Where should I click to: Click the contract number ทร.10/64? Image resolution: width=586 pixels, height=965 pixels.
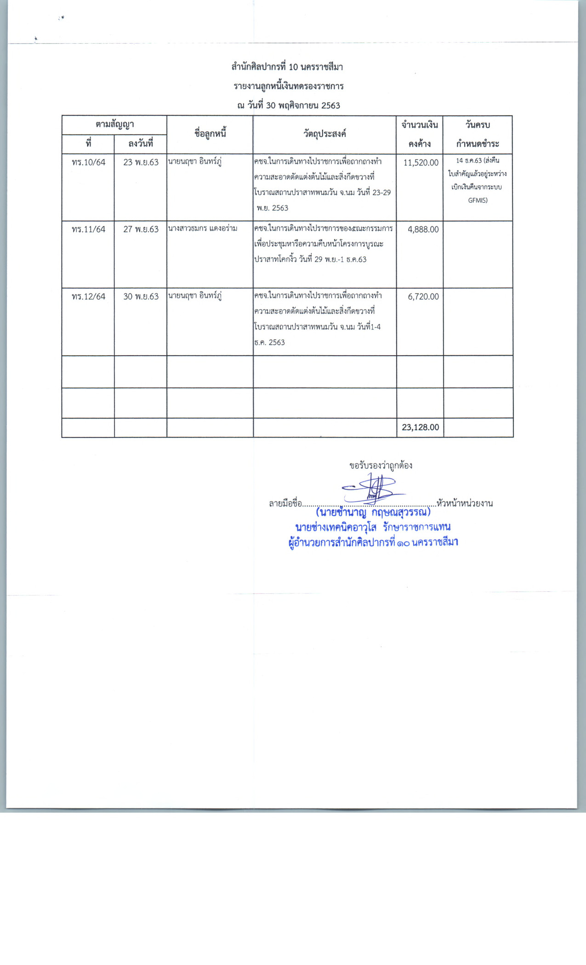pos(88,162)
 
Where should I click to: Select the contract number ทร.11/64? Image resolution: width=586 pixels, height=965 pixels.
pos(88,229)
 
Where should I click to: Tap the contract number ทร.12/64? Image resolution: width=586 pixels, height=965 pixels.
pos(88,296)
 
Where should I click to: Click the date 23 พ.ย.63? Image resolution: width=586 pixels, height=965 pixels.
pos(141,162)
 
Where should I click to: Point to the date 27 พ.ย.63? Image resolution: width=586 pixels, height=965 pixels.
pos(141,229)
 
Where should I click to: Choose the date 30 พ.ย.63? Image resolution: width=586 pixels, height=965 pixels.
pos(141,296)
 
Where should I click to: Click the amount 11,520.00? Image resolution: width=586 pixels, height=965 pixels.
pos(421,163)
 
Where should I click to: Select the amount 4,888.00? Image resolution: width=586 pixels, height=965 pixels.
pos(423,229)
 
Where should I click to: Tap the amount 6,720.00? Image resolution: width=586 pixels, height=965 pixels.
pos(423,296)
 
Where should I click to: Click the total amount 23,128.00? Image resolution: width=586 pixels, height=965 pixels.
pos(420,427)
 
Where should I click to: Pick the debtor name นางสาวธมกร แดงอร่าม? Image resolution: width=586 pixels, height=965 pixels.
pos(203,228)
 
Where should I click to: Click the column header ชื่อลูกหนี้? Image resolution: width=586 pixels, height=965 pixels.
pos(210,134)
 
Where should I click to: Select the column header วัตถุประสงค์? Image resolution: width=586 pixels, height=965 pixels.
pos(324,134)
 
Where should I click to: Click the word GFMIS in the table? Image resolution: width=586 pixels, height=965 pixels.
pos(478,200)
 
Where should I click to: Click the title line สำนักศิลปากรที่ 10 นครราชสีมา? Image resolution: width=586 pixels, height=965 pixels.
pos(287,67)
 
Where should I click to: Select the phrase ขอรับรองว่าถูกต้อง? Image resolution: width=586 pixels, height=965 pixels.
pos(381,465)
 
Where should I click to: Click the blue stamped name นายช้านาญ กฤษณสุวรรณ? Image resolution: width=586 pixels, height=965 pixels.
pos(373,512)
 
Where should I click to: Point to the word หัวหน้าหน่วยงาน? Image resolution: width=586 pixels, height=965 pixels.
pos(465,503)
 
